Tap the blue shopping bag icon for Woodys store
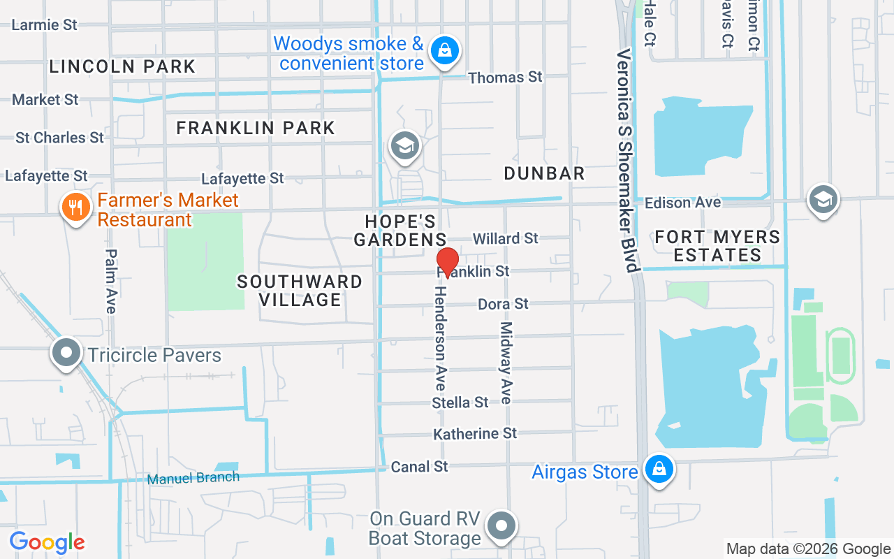click(444, 51)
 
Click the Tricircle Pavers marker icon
click(66, 353)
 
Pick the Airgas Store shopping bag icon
click(659, 470)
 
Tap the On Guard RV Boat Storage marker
click(501, 526)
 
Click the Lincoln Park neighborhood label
click(122, 66)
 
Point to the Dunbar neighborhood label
click(544, 173)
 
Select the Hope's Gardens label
click(400, 231)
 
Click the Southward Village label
click(300, 291)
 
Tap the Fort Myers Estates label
click(717, 246)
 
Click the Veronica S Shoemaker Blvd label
click(628, 161)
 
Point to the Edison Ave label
click(682, 203)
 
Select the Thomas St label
click(505, 77)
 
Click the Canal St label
click(419, 466)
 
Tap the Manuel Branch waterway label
click(193, 479)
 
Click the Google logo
click(47, 542)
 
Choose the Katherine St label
click(475, 434)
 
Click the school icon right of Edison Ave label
click(823, 200)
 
